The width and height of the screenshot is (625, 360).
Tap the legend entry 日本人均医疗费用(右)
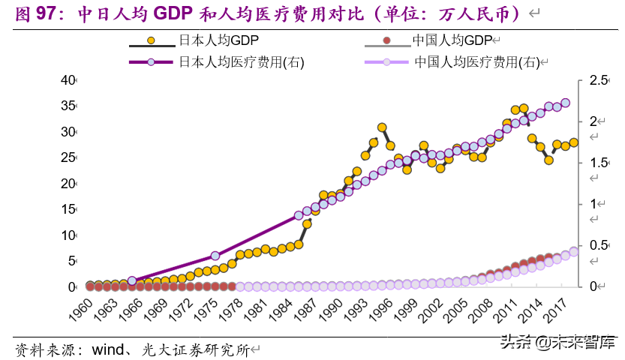(x=241, y=62)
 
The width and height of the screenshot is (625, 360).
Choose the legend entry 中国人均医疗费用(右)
(x=476, y=62)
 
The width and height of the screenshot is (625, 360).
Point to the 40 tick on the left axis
(x=68, y=80)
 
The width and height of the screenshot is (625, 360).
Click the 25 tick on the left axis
(x=68, y=157)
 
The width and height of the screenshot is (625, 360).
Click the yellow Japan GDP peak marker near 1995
(x=382, y=127)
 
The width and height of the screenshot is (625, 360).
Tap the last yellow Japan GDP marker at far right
(x=573, y=142)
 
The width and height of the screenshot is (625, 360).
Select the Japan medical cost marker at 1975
(x=215, y=256)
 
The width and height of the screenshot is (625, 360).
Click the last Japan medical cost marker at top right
(x=565, y=103)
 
